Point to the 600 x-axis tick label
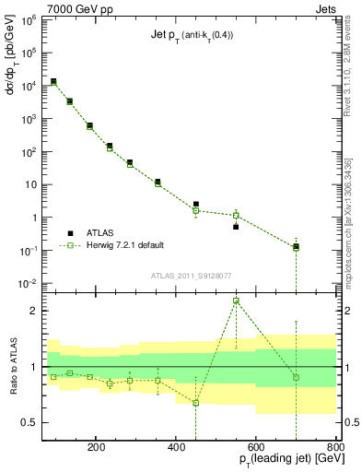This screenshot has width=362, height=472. click(x=254, y=445)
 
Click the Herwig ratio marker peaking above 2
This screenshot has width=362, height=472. click(x=236, y=301)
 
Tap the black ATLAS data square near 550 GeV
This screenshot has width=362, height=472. click(x=236, y=226)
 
